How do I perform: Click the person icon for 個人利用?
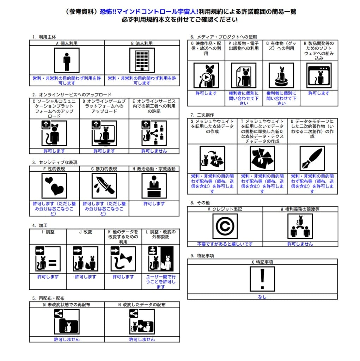tap(67, 60)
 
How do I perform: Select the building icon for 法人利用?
tap(142, 60)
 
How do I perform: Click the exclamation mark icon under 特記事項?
tap(262, 279)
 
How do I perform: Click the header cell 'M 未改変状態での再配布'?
tap(67, 305)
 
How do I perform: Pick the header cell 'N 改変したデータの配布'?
tap(142, 305)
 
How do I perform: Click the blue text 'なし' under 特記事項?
tap(262, 297)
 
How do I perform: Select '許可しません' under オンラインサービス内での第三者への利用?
tap(154, 151)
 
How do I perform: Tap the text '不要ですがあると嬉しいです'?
tap(225, 244)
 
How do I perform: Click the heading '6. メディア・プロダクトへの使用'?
tap(224, 37)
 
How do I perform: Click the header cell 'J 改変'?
tap(85, 232)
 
